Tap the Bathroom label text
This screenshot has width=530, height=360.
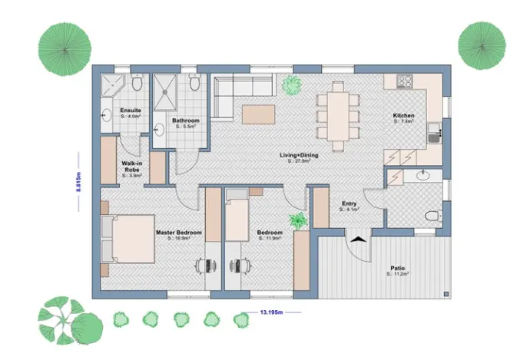pos(186,121)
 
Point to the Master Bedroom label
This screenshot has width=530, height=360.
pos(178,233)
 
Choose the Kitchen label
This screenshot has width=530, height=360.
pos(403,116)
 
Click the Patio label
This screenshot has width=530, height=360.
pos(397,269)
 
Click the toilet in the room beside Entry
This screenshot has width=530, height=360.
pos(432,216)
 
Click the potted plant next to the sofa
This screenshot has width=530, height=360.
pos(291,85)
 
